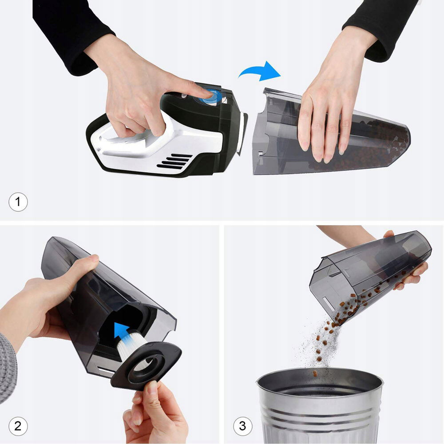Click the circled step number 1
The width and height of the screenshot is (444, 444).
pyautogui.click(x=18, y=202)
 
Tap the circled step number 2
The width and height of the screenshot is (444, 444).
pyautogui.click(x=18, y=426)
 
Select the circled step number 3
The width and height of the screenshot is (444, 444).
pyautogui.click(x=243, y=426)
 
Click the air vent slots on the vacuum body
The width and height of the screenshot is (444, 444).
pyautogui.click(x=174, y=162)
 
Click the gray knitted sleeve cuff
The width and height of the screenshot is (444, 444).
pyautogui.click(x=8, y=368)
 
